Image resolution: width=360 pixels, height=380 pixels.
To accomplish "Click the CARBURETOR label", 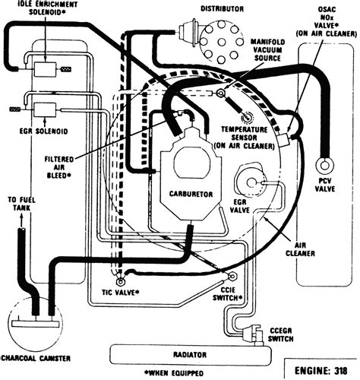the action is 191,194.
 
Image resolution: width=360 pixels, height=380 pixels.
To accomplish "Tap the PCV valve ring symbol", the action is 324,165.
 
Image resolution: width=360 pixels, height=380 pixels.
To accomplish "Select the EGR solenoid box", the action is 45,109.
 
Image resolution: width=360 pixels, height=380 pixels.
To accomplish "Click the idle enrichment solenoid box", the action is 45,69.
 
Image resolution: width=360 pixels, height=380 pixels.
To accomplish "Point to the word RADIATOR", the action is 190,355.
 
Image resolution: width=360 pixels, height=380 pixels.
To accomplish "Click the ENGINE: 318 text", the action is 321,371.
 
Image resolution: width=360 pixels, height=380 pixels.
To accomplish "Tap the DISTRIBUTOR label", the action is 223,9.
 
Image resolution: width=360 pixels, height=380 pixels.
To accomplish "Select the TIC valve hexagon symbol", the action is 121,281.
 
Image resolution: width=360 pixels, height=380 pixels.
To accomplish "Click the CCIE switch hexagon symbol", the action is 232,276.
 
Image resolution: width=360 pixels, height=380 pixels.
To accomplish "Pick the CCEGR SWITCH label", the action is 280,334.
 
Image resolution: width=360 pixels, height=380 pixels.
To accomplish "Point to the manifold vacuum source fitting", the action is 221,93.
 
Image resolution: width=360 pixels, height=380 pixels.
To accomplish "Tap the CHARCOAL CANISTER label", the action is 36,359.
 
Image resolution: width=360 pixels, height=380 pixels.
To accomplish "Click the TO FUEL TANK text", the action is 21,204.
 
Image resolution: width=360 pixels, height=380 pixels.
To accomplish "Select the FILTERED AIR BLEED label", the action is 59,167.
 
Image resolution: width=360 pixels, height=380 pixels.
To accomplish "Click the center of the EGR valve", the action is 251,182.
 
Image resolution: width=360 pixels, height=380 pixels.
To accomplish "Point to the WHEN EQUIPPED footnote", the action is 174,373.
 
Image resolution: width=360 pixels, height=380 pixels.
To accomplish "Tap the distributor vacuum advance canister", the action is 187,32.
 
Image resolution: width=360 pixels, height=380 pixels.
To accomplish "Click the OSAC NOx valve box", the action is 283,140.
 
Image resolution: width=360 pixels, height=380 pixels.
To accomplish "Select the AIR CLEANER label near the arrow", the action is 300,249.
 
